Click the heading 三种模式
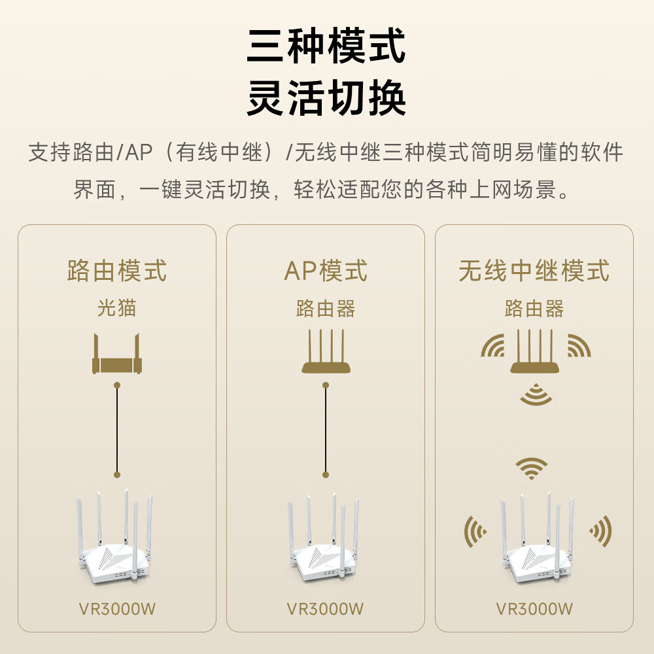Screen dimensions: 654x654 pyautogui.click(x=326, y=46)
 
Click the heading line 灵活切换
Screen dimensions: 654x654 pyautogui.click(x=326, y=98)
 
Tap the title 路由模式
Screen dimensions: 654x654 pyautogui.click(x=117, y=270)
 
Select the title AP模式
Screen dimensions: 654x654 pyautogui.click(x=326, y=270)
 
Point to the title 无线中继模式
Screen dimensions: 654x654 pyautogui.click(x=534, y=270)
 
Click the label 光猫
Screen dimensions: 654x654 pyautogui.click(x=117, y=308)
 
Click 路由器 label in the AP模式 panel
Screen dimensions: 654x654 pyautogui.click(x=326, y=308)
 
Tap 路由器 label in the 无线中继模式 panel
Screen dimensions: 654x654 pyautogui.click(x=534, y=308)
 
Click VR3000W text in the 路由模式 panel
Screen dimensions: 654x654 pyautogui.click(x=117, y=609)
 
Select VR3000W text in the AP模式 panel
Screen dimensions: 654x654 pyautogui.click(x=326, y=609)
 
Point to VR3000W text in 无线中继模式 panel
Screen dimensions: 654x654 pyautogui.click(x=534, y=609)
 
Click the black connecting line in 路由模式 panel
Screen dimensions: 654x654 pyautogui.click(x=117, y=428)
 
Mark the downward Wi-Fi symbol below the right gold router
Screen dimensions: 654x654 pyautogui.click(x=535, y=394)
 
